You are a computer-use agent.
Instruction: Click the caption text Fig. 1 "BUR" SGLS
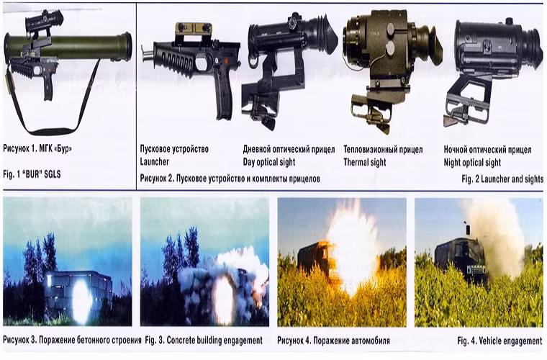[32, 174]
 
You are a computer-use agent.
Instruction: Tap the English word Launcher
[154, 161]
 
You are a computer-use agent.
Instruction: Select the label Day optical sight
[269, 162]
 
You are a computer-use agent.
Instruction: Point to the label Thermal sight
[365, 162]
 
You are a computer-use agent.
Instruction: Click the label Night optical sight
[472, 163]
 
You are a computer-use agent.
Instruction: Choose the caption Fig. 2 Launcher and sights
[502, 179]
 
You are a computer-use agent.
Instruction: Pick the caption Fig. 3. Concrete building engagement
[204, 340]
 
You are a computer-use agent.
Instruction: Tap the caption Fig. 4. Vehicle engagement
[499, 341]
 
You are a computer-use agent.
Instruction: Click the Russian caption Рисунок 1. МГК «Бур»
[37, 148]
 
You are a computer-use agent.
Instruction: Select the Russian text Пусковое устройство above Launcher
[174, 149]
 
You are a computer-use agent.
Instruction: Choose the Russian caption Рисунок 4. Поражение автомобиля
[333, 340]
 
